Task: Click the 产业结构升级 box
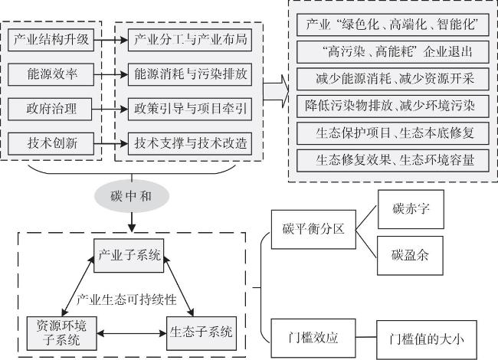(x=51, y=40)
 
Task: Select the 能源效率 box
(x=51, y=74)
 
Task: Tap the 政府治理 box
(x=50, y=109)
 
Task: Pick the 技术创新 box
(x=51, y=143)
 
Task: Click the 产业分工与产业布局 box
(x=190, y=40)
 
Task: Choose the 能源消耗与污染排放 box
(x=190, y=74)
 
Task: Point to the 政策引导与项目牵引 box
(x=190, y=109)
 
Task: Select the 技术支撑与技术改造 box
(x=190, y=143)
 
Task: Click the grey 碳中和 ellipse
(x=132, y=196)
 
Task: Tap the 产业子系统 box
(x=129, y=256)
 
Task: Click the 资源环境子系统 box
(x=61, y=333)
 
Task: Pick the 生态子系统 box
(x=201, y=333)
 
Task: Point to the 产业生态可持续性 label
(x=126, y=299)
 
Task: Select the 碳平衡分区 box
(x=313, y=229)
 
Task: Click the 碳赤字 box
(x=411, y=209)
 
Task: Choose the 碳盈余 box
(x=410, y=256)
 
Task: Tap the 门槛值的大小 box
(x=427, y=339)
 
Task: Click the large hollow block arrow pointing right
(x=276, y=91)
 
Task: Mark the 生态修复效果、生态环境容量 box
(x=393, y=161)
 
